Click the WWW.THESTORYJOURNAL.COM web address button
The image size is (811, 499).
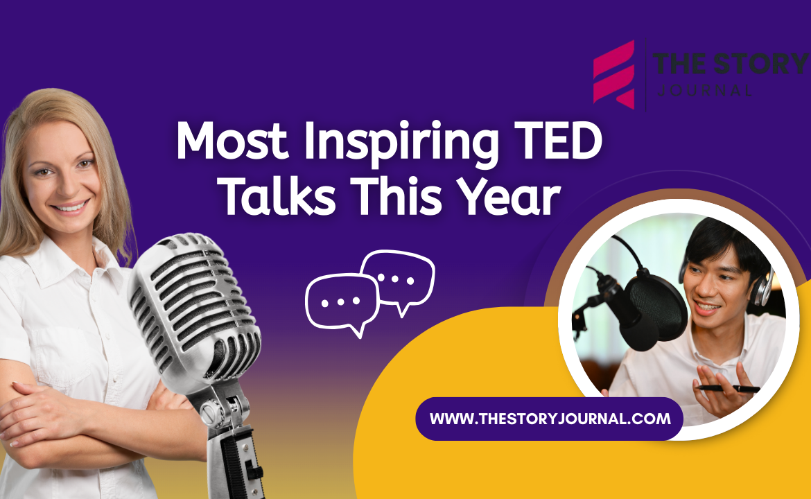[x=550, y=419]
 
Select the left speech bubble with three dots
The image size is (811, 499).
[x=342, y=303]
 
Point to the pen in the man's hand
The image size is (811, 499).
[x=728, y=389]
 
